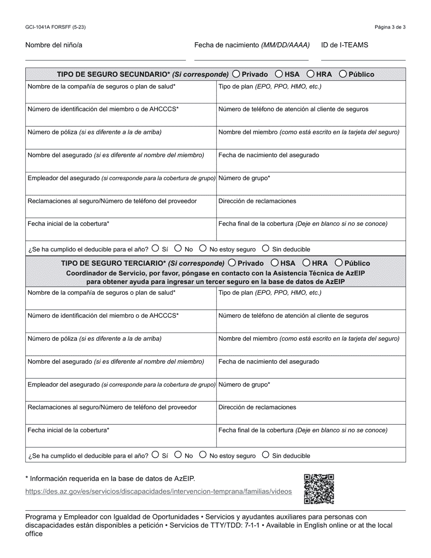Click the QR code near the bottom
click(319, 489)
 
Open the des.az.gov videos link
click(158, 491)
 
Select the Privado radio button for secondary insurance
click(236, 74)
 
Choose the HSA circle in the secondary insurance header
click(279, 74)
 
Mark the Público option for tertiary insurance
click(339, 263)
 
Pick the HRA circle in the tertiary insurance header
click(307, 263)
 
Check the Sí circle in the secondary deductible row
click(156, 248)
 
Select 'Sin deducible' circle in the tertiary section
click(266, 455)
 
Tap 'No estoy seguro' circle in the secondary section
click(203, 248)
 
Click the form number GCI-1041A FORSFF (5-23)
click(55, 27)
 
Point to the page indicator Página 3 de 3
click(390, 27)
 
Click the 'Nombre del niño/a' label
click(54, 45)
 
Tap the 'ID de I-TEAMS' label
click(344, 45)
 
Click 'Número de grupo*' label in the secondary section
click(244, 178)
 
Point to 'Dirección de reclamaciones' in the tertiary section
click(257, 407)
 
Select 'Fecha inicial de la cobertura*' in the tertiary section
click(69, 430)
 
